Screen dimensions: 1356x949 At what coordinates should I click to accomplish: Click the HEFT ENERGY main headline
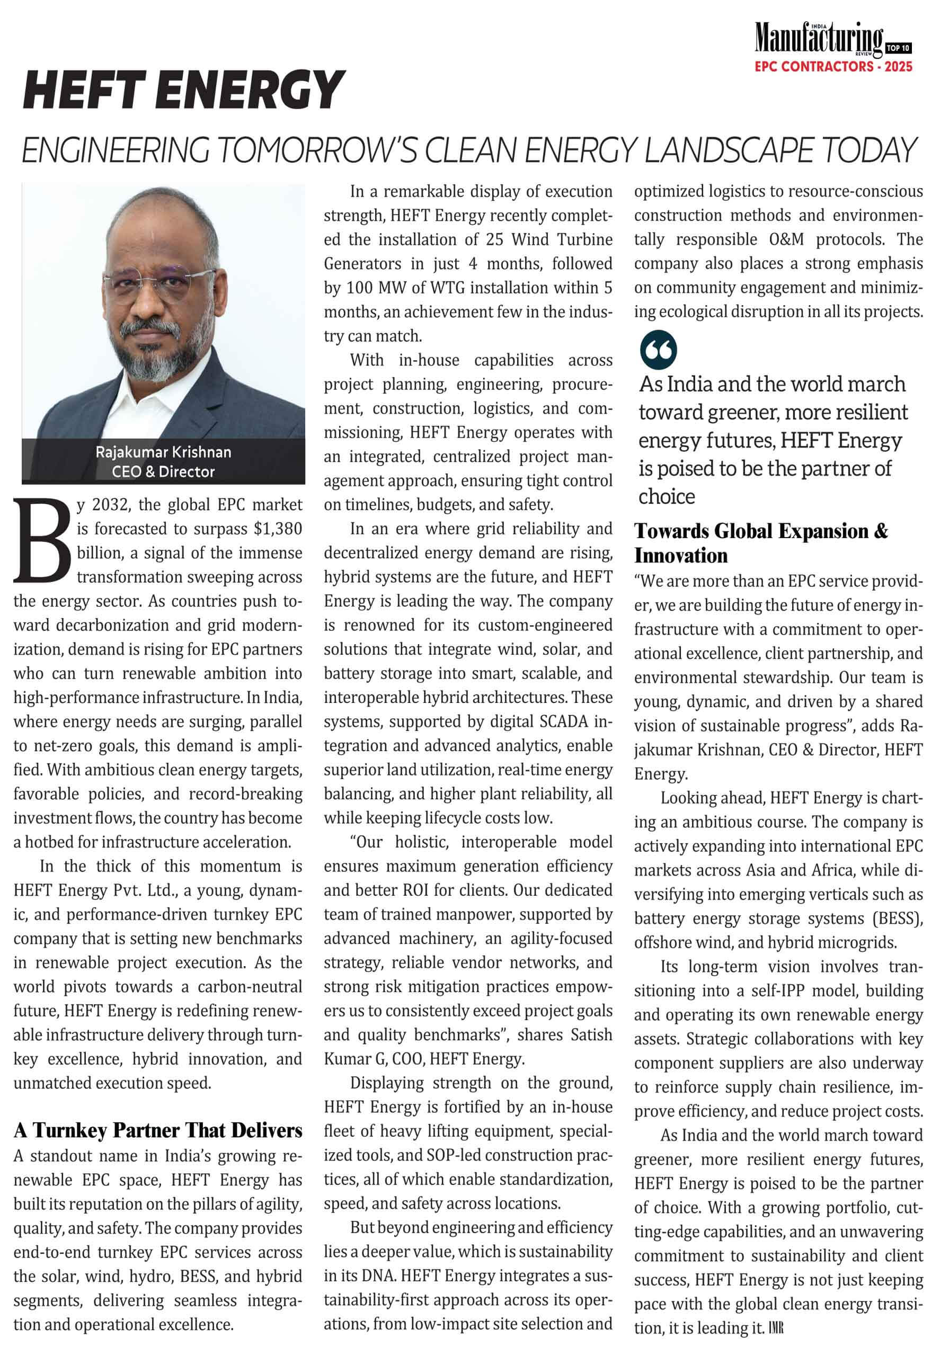(x=183, y=90)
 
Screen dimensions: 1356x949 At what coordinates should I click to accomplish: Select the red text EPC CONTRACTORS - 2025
(x=833, y=67)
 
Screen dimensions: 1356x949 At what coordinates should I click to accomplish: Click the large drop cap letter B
(x=42, y=540)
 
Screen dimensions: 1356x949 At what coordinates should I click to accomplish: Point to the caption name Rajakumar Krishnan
(x=163, y=452)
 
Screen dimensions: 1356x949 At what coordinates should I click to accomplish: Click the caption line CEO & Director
(x=163, y=472)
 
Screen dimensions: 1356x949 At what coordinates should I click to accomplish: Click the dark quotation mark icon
(x=658, y=350)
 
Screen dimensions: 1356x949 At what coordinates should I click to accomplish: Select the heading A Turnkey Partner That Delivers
(x=158, y=1130)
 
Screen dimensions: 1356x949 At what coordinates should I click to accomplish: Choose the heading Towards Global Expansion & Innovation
(x=761, y=543)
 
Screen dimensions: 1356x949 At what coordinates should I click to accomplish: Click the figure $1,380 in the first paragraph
(x=278, y=529)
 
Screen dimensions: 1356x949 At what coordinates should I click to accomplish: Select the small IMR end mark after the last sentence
(x=776, y=1328)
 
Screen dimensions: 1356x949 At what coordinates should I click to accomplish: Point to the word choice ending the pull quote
(x=667, y=497)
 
